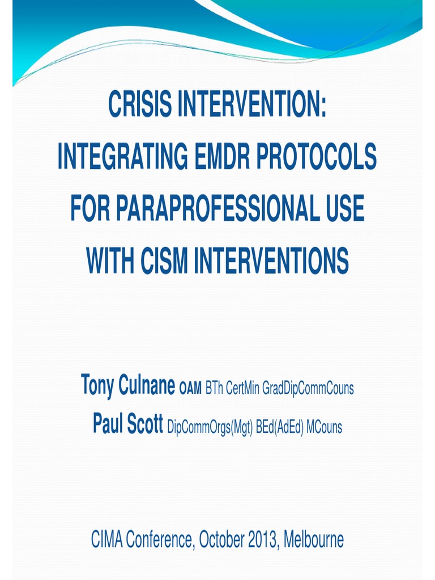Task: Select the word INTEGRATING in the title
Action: click(120, 157)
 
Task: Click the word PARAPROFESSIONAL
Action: click(212, 208)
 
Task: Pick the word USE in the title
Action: click(341, 208)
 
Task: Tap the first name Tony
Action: click(98, 386)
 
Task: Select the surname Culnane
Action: click(147, 386)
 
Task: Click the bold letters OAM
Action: click(190, 389)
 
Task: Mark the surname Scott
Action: click(145, 425)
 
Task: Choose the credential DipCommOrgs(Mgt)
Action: click(210, 428)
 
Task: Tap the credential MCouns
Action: click(324, 428)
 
